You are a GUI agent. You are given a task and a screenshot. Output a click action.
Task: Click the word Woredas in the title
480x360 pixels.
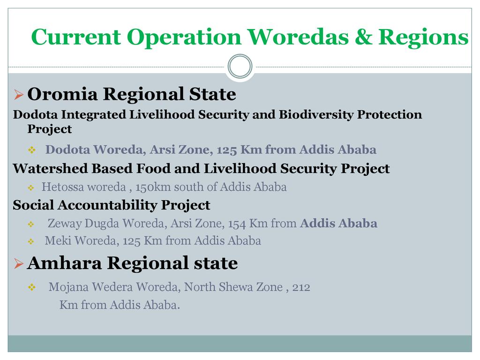pos(298,37)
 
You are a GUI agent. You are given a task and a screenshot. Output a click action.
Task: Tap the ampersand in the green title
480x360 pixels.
pos(363,37)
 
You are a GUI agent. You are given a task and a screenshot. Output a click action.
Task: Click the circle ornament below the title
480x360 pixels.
pos(240,66)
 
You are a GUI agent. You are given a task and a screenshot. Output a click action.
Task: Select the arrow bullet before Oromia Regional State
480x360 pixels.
pos(19,95)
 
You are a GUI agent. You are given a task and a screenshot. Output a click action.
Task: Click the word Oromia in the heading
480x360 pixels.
pos(63,94)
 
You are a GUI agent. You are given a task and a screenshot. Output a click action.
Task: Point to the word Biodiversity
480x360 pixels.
pos(316,114)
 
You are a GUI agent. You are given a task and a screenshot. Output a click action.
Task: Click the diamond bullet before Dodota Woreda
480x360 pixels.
pos(31,150)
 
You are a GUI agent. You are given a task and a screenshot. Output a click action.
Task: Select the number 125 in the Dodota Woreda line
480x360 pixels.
pos(227,150)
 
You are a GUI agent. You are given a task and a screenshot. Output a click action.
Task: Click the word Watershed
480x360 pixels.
pos(50,168)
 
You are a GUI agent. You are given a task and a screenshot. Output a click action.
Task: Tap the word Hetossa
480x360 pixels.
pos(62,187)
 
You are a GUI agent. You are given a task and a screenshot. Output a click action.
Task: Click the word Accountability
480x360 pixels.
pos(107,205)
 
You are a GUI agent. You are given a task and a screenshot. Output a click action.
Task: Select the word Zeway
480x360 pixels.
pos(65,224)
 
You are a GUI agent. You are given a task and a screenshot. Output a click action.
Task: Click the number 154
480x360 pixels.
pos(237,224)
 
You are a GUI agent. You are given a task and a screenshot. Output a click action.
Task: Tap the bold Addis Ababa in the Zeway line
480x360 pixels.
pos(338,223)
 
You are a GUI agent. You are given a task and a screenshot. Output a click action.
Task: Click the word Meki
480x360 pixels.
pos(58,240)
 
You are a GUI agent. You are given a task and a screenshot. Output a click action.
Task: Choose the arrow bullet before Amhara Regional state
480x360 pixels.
pos(19,263)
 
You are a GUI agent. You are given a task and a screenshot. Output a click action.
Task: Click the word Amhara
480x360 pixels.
pos(64,263)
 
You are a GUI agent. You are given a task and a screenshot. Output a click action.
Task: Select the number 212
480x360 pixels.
pos(301,287)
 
